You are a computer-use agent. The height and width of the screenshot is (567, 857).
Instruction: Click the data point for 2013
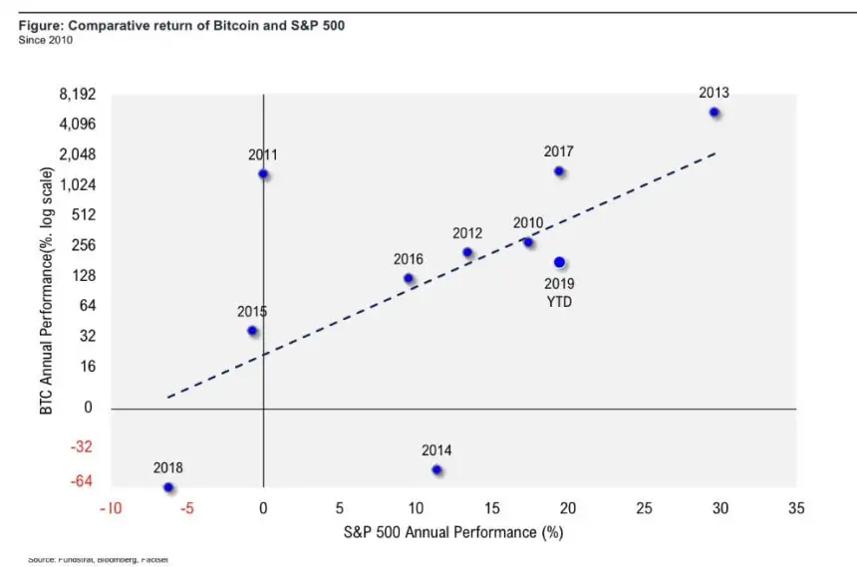pos(714,113)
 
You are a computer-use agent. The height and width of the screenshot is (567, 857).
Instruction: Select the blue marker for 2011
pos(263,173)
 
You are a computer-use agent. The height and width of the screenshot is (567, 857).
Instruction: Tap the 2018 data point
pos(168,487)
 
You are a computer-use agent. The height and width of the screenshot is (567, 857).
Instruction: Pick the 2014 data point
pos(436,469)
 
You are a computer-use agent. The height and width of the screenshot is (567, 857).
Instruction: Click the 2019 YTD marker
pos(559,262)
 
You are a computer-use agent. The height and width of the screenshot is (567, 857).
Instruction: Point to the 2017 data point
pos(559,171)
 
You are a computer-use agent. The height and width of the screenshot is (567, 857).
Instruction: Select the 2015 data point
pos(252,330)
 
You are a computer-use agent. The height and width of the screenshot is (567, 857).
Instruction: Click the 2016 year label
pos(408,259)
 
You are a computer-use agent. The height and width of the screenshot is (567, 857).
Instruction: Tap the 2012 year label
pos(467,233)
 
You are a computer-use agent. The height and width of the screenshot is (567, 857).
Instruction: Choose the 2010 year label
pos(528,222)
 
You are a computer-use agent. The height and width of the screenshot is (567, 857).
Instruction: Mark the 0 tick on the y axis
pos(89,408)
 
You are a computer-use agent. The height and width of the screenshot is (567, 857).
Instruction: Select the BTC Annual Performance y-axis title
pos(46,291)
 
